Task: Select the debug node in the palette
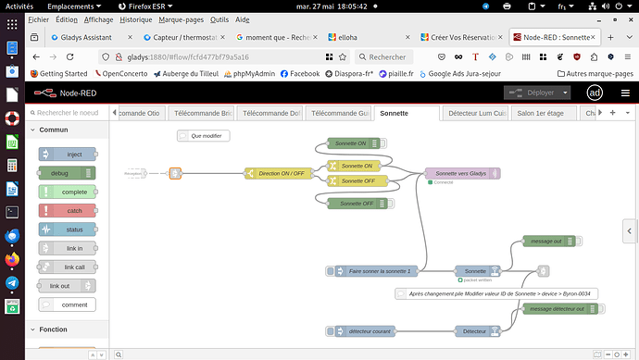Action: pos(66,172)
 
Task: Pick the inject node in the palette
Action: pos(66,154)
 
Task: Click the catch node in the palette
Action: pos(66,210)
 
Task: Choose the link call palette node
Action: pos(66,267)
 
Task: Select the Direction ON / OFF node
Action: pos(281,173)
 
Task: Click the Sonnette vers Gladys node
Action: pos(461,173)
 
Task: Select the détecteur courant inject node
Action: pos(370,331)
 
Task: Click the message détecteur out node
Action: pos(556,309)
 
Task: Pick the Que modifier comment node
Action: pos(203,136)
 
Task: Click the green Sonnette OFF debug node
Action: pos(356,203)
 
